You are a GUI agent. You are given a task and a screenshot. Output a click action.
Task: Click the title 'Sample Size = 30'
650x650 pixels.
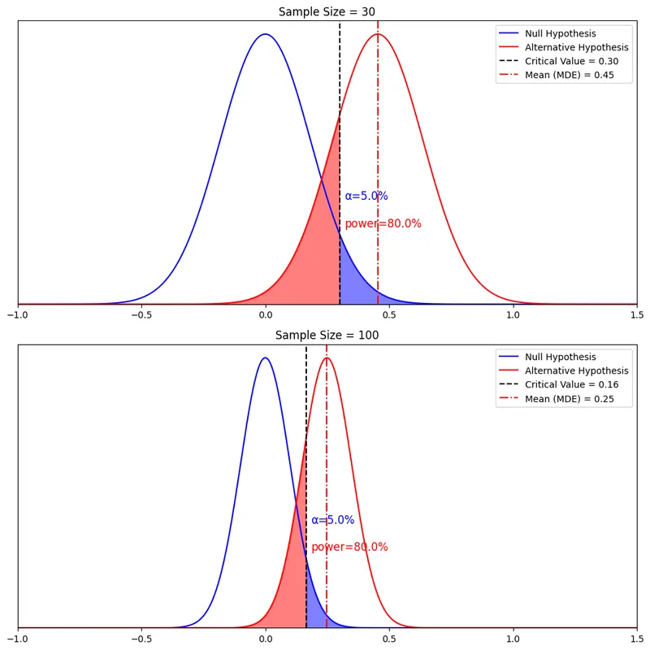[x=327, y=11]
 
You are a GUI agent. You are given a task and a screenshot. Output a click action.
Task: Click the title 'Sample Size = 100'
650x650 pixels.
[x=327, y=335]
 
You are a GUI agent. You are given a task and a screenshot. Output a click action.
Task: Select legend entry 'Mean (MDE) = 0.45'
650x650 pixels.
[x=569, y=75]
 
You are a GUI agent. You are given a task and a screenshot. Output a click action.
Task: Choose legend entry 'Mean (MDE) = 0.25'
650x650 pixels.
[x=569, y=398]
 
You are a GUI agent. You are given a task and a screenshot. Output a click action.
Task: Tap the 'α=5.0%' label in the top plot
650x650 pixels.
[x=366, y=196]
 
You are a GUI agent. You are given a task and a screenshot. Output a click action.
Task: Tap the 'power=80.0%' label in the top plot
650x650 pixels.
[x=383, y=223]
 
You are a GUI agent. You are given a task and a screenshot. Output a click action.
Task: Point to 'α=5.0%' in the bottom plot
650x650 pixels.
[x=332, y=520]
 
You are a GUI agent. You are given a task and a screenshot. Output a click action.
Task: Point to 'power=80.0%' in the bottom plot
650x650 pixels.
[x=349, y=547]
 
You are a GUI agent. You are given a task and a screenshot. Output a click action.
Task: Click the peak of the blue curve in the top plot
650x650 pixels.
[x=265, y=34]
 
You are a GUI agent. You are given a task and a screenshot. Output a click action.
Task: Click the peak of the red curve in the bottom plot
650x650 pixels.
[x=327, y=358]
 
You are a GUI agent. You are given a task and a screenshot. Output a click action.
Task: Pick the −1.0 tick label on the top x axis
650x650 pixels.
[x=18, y=315]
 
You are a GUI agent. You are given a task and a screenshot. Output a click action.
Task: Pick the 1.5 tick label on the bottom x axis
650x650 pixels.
[x=637, y=639]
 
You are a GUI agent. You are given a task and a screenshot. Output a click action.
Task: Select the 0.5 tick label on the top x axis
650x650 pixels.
[x=389, y=315]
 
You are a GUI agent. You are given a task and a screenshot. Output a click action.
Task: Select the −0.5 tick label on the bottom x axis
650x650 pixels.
[x=141, y=639]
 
